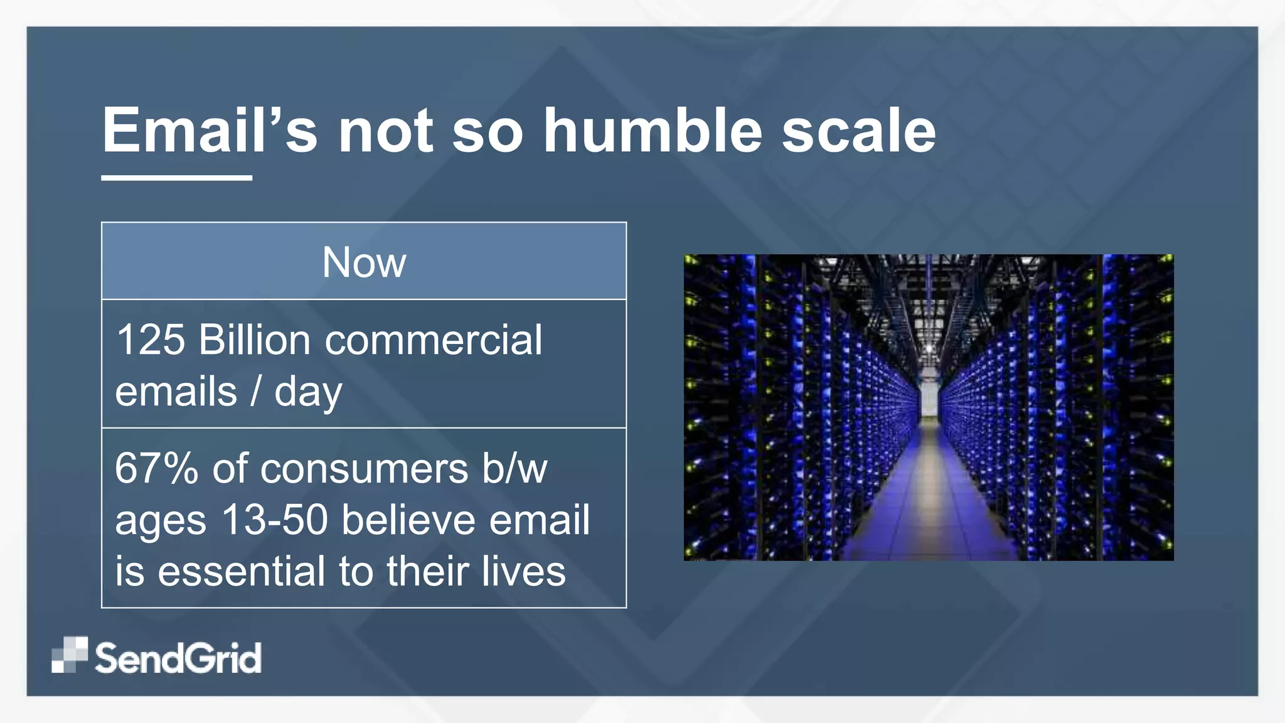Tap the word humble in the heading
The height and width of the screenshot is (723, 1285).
tap(653, 130)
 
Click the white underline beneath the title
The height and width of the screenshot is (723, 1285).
tap(176, 178)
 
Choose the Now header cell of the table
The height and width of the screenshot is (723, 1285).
tap(364, 262)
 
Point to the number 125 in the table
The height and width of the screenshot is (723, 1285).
tap(151, 340)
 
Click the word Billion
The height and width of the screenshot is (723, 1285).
tap(254, 340)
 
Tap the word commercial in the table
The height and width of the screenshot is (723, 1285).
tap(433, 340)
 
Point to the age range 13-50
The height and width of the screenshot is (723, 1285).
tap(275, 520)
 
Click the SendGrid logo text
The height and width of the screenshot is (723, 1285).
tap(178, 658)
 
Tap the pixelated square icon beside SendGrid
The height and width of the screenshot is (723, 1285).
tap(70, 655)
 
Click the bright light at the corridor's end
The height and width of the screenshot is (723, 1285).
tap(929, 347)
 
